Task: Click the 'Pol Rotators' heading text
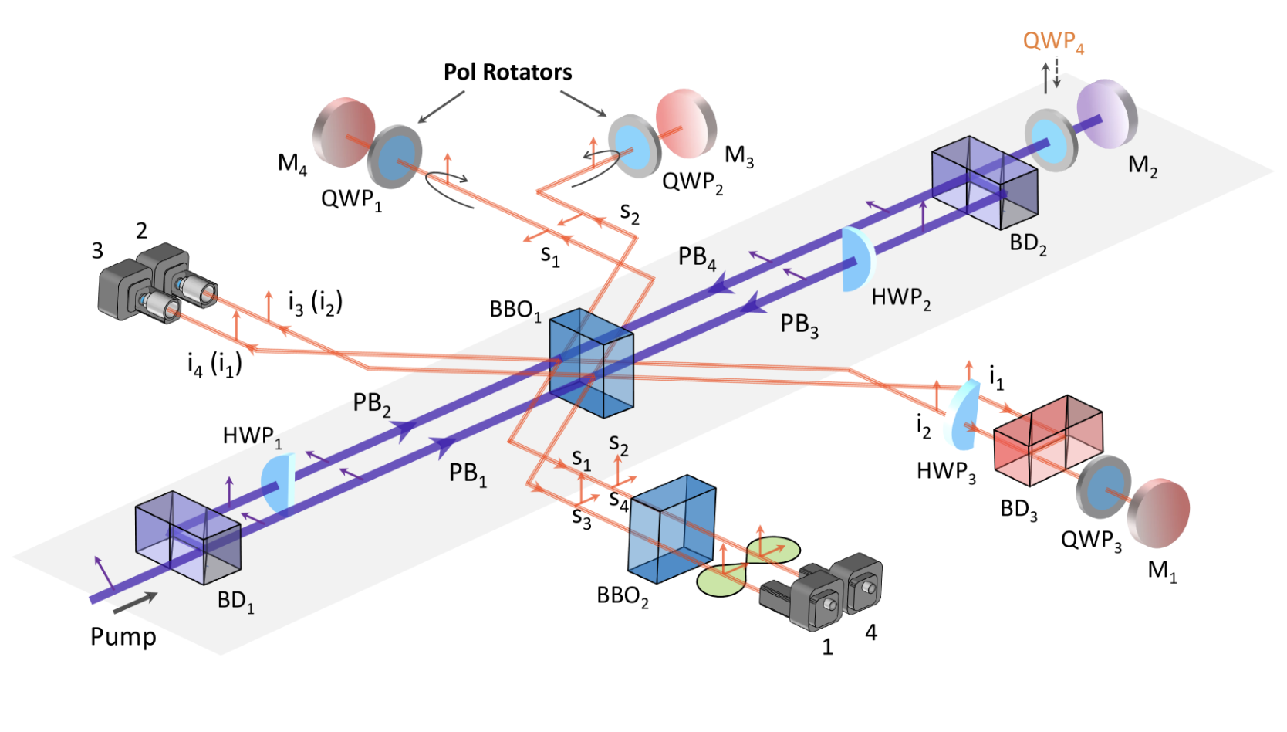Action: point(507,73)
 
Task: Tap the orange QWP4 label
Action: point(1052,41)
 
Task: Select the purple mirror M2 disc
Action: point(1109,113)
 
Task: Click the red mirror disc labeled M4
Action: point(343,131)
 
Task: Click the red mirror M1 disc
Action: point(1160,511)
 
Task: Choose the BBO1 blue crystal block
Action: point(592,363)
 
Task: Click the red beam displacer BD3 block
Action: point(1048,440)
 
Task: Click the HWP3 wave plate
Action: point(963,415)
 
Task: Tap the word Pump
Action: point(123,637)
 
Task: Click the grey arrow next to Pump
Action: point(135,603)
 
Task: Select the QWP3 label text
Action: point(1090,540)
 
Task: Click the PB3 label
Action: point(799,324)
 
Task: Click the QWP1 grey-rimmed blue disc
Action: point(395,157)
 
